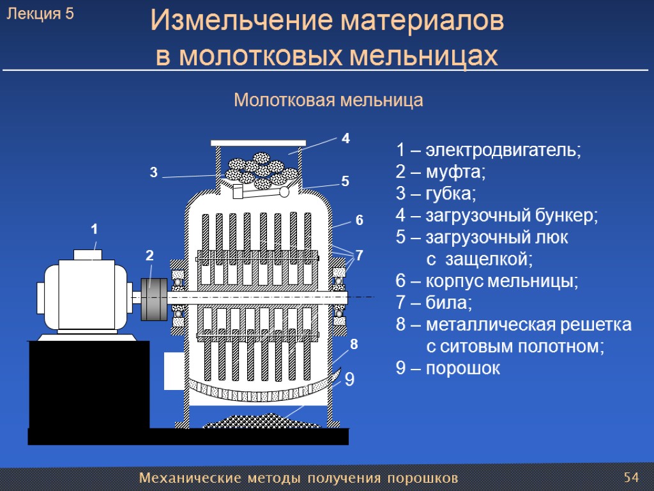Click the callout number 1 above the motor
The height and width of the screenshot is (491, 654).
click(x=94, y=228)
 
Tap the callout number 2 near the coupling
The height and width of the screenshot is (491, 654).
click(x=149, y=255)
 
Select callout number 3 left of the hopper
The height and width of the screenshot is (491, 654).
click(x=153, y=172)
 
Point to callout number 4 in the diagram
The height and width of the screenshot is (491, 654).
click(x=346, y=138)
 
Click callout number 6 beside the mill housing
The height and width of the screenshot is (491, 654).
click(x=359, y=220)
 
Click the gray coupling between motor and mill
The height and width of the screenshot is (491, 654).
click(x=153, y=300)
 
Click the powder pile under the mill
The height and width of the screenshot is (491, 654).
click(x=262, y=422)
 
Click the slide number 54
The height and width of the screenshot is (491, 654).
click(x=632, y=478)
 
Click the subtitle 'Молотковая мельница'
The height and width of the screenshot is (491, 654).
click(x=329, y=100)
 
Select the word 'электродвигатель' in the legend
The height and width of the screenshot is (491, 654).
click(x=504, y=151)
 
